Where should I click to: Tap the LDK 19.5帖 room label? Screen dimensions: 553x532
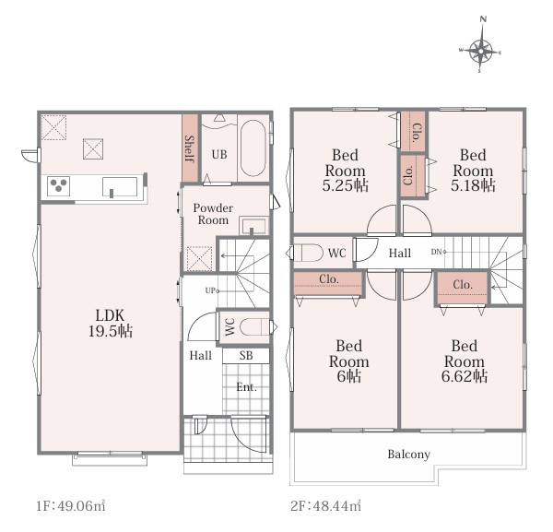(111, 323)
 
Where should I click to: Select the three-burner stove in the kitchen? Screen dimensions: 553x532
(59, 185)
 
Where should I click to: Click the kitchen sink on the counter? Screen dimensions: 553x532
(120, 186)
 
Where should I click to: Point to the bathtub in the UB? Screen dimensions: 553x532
(253, 148)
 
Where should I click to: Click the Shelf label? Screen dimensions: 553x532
(190, 148)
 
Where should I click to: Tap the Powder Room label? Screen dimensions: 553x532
(213, 214)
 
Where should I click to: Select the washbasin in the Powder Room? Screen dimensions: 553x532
(253, 226)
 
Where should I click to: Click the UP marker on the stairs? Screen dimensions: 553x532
(212, 290)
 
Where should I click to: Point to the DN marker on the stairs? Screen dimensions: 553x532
(439, 252)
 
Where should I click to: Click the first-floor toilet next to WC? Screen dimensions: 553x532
(254, 327)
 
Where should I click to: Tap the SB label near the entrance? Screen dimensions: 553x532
(246, 355)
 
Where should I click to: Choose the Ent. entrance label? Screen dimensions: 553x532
(246, 387)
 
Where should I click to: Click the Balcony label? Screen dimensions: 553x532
(408, 455)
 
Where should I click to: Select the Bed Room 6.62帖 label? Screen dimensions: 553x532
(465, 361)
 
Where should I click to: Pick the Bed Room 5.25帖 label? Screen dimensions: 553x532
(346, 171)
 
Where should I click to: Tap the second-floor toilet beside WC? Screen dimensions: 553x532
(308, 253)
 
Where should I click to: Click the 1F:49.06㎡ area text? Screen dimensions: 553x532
(71, 506)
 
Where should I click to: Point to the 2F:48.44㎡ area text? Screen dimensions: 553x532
(325, 506)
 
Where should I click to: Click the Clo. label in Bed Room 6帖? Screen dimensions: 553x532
(329, 278)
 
